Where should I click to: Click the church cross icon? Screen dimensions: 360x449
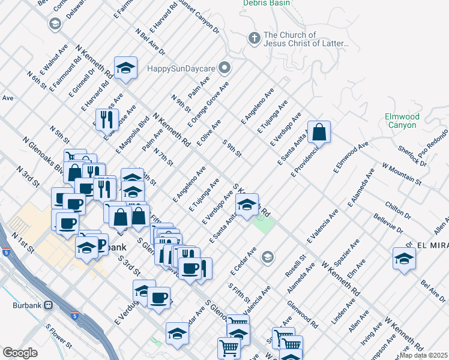point(254,38)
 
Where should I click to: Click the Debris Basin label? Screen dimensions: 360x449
point(267,3)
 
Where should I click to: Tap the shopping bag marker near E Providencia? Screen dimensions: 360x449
point(319,131)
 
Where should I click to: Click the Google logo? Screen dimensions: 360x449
point(19,353)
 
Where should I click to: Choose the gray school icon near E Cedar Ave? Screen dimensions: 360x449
point(267,258)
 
